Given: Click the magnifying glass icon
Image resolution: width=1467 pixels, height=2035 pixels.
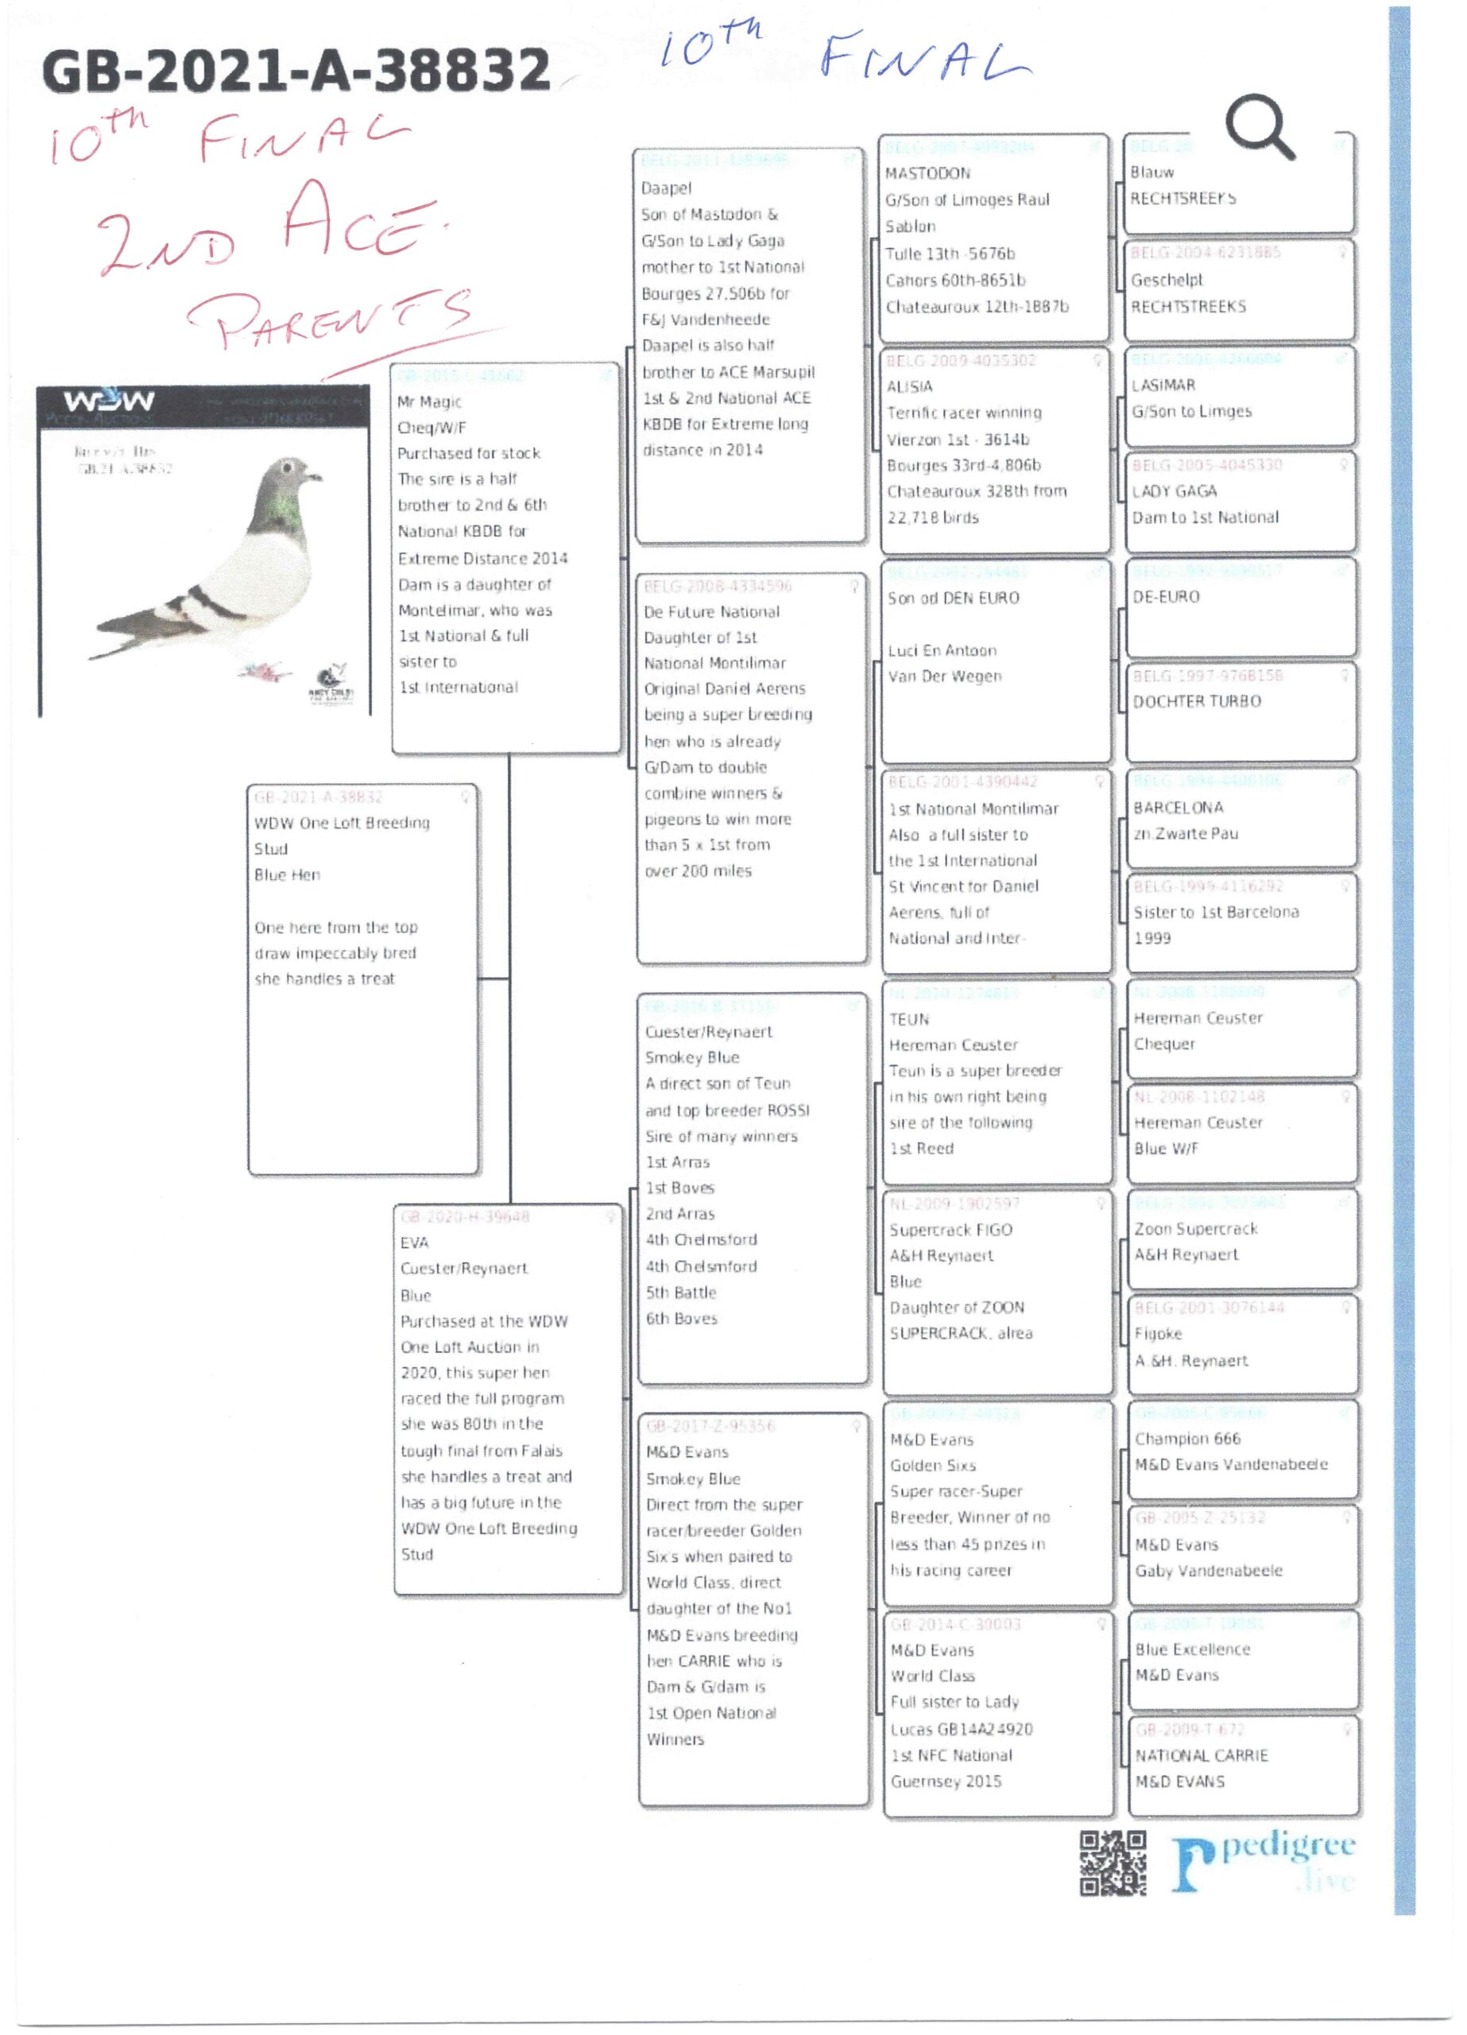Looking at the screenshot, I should point(1260,126).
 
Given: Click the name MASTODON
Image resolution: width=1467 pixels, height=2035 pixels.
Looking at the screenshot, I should point(927,173).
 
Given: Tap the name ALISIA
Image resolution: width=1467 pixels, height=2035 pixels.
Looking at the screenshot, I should point(910,386).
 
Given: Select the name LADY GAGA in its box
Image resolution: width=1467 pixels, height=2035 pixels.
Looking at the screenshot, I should point(1175,490).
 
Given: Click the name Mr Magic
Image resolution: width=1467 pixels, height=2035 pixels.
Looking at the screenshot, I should point(430,402).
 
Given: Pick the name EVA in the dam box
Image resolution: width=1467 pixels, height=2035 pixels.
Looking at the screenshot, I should point(415,1242).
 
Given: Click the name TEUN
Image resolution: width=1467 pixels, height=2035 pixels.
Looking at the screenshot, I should point(909,1019).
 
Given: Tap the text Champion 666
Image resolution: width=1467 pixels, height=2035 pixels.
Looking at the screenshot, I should point(1187,1438).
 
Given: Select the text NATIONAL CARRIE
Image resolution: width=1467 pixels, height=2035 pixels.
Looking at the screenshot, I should point(1202,1755).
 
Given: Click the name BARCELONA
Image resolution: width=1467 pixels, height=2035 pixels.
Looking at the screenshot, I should point(1178,808).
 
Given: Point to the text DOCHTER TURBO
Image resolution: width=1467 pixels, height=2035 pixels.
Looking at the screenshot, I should point(1197,702).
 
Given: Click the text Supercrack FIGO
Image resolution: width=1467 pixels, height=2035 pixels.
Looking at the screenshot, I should point(950,1229).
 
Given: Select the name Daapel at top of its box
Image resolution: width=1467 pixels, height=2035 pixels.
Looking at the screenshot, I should point(666,188).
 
